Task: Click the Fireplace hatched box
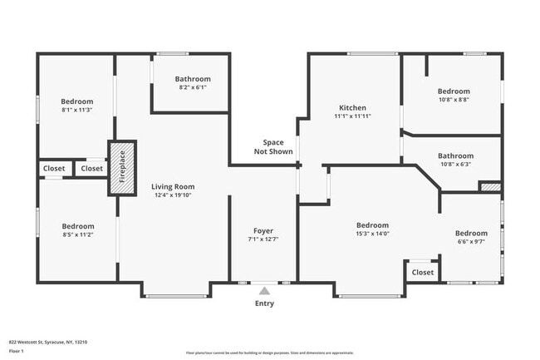coord(121,167)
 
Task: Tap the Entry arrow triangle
coord(264,291)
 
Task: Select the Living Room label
coord(172,187)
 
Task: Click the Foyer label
coord(263,230)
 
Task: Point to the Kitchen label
coord(352,108)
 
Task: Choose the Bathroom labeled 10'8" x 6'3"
coord(455,155)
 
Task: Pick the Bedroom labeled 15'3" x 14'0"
coord(372,225)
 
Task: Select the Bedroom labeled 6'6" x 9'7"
coord(471,233)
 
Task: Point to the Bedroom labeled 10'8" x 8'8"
coord(454,91)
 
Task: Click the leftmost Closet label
coord(54,168)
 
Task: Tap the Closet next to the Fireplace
coord(91,168)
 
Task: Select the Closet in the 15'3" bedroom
coord(422,272)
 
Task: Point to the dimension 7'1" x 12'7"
coord(263,239)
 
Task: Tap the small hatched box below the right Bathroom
coord(490,188)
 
